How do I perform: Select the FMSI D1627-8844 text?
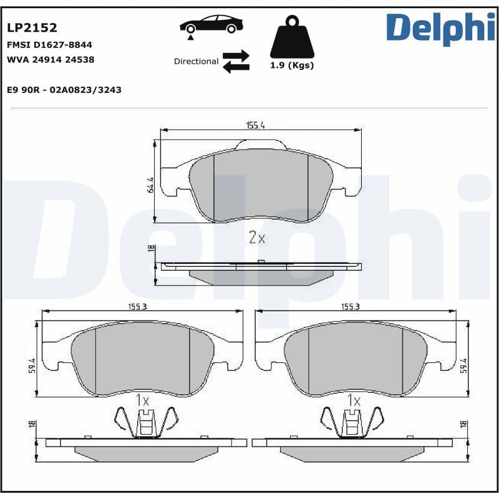[49, 45]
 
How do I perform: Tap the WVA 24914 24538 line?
[51, 60]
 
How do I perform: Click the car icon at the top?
[211, 26]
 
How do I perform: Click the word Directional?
[196, 62]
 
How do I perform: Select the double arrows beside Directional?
[236, 61]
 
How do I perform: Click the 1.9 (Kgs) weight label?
[292, 65]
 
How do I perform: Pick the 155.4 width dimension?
[255, 125]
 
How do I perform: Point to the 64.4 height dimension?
[150, 185]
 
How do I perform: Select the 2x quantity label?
[257, 238]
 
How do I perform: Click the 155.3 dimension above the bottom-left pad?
[141, 307]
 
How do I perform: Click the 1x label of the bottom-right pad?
[354, 400]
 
